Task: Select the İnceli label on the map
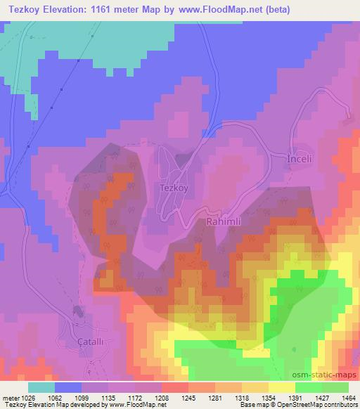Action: tap(304, 160)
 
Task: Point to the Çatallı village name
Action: tap(77, 335)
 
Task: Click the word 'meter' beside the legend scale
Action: tap(10, 397)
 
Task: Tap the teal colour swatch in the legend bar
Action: tap(41, 387)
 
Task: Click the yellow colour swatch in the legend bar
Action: tap(282, 387)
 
